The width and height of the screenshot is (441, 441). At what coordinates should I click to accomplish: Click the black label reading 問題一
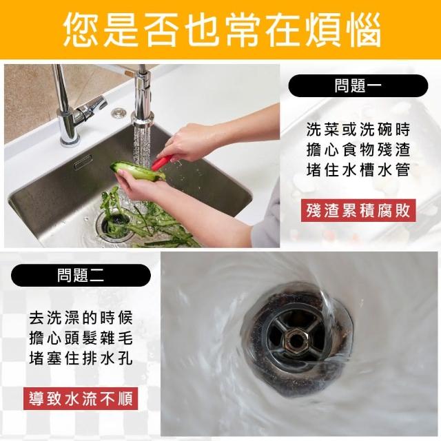(358, 85)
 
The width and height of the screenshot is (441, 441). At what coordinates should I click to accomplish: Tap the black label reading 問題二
(81, 276)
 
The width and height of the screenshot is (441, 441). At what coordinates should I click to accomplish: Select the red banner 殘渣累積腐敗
(358, 210)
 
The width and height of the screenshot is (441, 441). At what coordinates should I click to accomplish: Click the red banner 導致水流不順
(81, 398)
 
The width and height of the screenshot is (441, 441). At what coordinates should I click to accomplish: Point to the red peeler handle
(162, 163)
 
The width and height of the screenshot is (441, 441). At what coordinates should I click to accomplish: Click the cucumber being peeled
(137, 171)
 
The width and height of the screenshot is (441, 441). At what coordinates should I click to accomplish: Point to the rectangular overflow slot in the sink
(83, 162)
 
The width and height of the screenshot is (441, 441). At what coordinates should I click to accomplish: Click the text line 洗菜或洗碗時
(358, 130)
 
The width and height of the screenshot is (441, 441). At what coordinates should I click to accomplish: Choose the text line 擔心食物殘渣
(358, 150)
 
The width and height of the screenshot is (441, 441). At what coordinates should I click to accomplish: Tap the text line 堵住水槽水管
(358, 170)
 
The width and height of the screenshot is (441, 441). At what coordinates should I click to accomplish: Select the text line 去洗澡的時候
(81, 318)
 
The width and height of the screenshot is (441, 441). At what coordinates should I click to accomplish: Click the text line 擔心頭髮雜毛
(81, 338)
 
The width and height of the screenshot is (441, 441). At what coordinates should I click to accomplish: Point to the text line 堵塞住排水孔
(81, 358)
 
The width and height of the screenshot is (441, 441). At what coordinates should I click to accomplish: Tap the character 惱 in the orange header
(362, 29)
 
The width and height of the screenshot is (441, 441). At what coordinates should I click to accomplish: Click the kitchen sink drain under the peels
(114, 225)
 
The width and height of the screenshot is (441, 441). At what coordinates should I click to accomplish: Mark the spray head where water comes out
(143, 119)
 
